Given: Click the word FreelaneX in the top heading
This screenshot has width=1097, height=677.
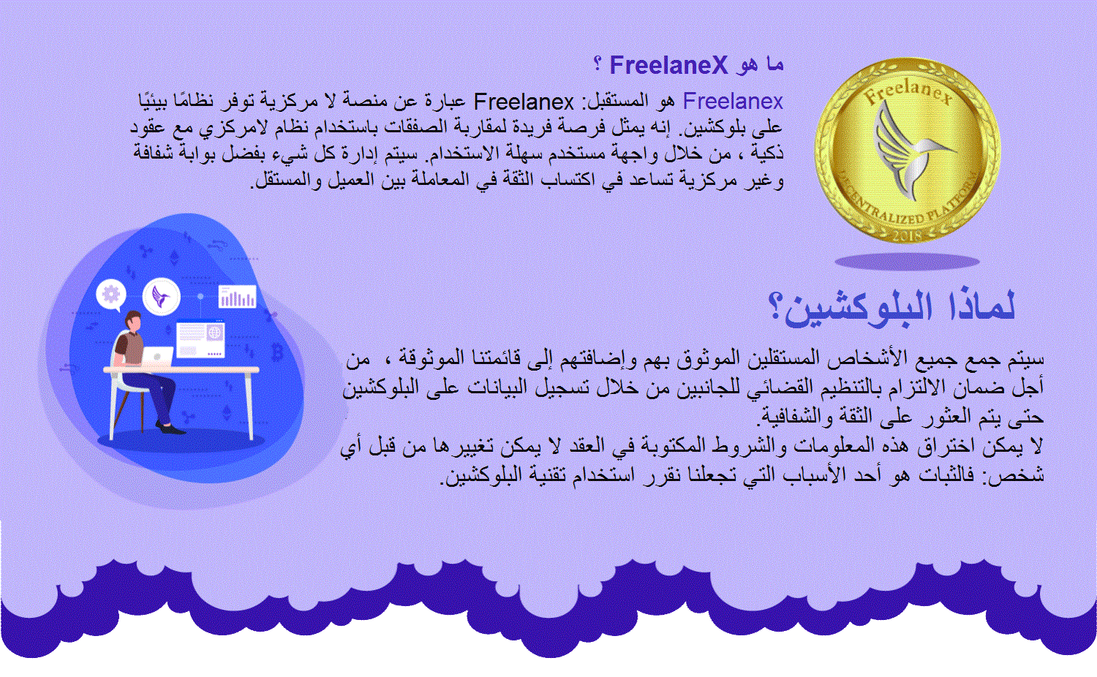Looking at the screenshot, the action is (668, 66).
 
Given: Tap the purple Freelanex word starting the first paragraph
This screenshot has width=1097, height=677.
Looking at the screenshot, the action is (733, 102).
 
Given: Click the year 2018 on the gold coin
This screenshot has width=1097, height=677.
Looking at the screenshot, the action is (908, 236).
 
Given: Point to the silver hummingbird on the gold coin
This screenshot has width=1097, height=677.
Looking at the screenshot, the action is (908, 149).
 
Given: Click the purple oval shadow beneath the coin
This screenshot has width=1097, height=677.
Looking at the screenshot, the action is (907, 262).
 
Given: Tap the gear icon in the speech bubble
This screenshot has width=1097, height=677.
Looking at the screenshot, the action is (111, 294).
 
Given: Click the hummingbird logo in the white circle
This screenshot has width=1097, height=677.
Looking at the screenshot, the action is (161, 297).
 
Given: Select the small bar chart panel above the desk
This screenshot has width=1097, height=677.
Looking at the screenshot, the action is (238, 297).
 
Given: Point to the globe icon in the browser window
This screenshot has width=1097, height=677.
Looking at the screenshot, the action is (214, 333).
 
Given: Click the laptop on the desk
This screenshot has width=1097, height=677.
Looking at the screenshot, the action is (157, 357).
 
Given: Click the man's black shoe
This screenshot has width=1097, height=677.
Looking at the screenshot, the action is (173, 429).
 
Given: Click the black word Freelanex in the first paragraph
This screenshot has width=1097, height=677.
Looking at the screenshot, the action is (524, 102).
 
